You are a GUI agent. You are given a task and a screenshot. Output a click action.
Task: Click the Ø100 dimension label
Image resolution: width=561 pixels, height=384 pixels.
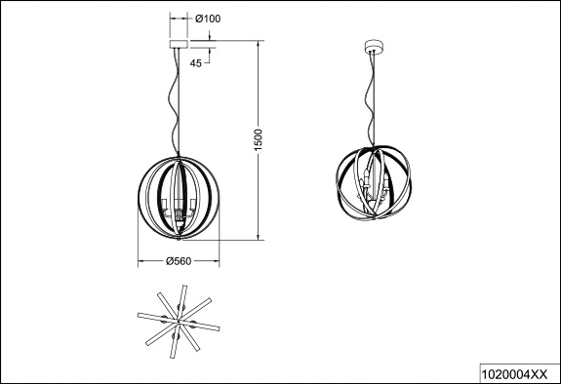[208, 19]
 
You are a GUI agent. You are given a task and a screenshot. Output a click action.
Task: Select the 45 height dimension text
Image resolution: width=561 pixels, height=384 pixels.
[196, 63]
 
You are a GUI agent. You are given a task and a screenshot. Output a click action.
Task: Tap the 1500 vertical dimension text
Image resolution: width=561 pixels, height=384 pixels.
[259, 139]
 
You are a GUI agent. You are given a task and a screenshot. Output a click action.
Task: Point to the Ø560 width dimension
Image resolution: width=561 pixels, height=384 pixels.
[179, 261]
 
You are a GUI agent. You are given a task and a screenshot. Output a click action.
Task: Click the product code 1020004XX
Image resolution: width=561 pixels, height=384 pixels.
[514, 374]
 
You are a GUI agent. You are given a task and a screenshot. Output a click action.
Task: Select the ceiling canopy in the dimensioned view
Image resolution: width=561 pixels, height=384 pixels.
[179, 44]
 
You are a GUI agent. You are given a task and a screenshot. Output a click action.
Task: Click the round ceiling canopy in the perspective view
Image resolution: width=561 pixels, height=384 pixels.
[374, 47]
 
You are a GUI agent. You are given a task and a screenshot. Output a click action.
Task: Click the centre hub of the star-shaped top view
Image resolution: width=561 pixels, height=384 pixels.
[179, 321]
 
